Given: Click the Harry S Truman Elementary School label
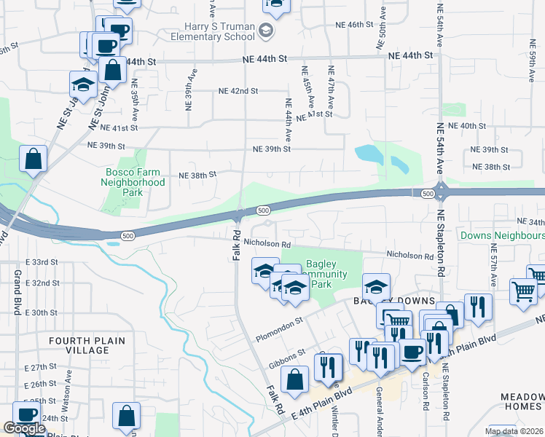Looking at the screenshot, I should [215, 31].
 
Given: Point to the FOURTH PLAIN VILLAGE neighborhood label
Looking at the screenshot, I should [87, 345].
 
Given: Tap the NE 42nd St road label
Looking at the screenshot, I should [238, 91].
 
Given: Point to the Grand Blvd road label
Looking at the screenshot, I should [17, 292].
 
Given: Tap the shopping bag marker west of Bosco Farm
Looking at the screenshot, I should [34, 159].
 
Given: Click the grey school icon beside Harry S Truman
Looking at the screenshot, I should [266, 31].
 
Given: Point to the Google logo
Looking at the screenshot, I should [23, 428].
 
